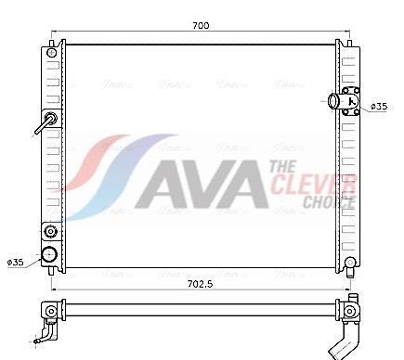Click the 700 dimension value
coord(200,25)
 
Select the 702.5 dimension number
coord(199,284)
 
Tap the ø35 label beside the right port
coord(379,108)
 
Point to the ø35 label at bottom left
coord(16,263)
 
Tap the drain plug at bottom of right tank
coord(350,264)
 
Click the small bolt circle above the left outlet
coord(50,231)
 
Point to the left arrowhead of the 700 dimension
coord(53,34)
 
